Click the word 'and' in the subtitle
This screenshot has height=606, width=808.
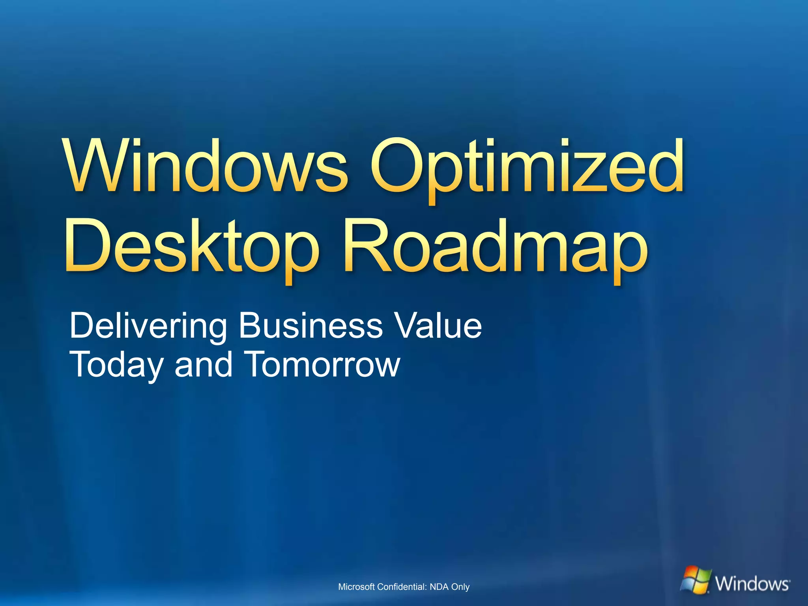pos(204,364)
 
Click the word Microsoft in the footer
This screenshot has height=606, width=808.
pos(356,587)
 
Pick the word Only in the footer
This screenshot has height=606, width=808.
pos(460,587)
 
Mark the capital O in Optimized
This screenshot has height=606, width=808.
pos(398,166)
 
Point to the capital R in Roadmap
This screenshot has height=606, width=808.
pos(365,246)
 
